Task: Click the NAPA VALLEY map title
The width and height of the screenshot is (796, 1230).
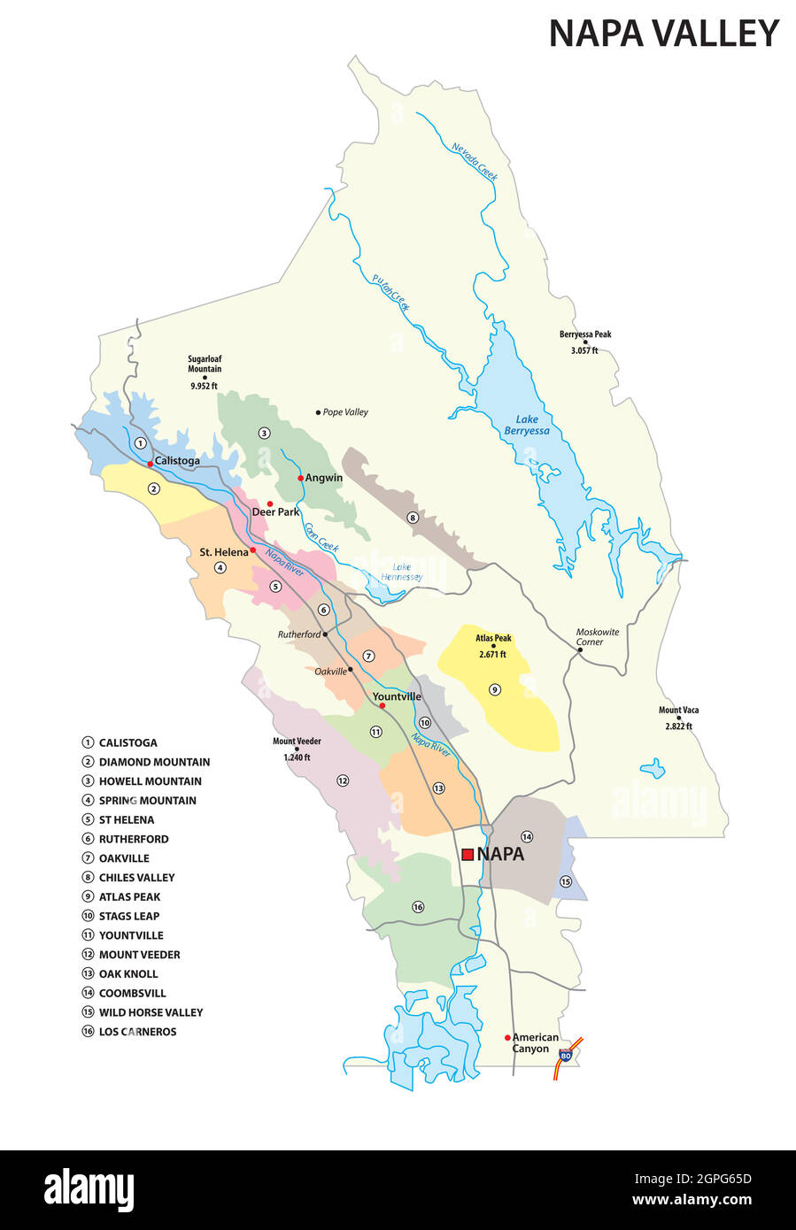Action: (663, 34)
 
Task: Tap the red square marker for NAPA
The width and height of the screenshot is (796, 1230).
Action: (468, 854)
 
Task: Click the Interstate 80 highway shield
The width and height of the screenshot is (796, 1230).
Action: (565, 1055)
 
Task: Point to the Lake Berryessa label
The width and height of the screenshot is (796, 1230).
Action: (527, 425)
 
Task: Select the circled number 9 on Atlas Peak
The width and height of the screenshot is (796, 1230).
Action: (495, 689)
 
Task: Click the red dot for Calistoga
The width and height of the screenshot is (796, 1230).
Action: (151, 463)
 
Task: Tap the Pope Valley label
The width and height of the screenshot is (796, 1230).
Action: (344, 412)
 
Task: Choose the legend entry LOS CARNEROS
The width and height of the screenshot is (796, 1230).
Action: (137, 1032)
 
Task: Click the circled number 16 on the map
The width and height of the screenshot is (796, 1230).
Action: (418, 906)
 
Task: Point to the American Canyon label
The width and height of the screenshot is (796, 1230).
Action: (535, 1042)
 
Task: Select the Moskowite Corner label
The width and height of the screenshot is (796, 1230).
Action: (598, 637)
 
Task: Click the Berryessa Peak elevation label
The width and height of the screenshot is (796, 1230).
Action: (584, 342)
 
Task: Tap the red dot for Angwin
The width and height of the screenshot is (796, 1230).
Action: (301, 478)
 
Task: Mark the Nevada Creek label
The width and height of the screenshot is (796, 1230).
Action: (475, 161)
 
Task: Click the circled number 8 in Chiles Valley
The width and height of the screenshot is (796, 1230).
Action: (412, 518)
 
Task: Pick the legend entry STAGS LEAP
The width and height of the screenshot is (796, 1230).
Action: (129, 916)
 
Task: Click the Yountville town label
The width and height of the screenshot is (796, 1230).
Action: (397, 696)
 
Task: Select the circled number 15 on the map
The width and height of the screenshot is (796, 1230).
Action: (566, 881)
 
